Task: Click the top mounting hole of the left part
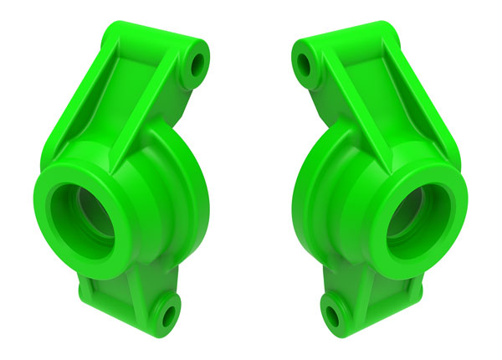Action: [199, 64]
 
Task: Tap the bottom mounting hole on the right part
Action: [335, 315]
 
